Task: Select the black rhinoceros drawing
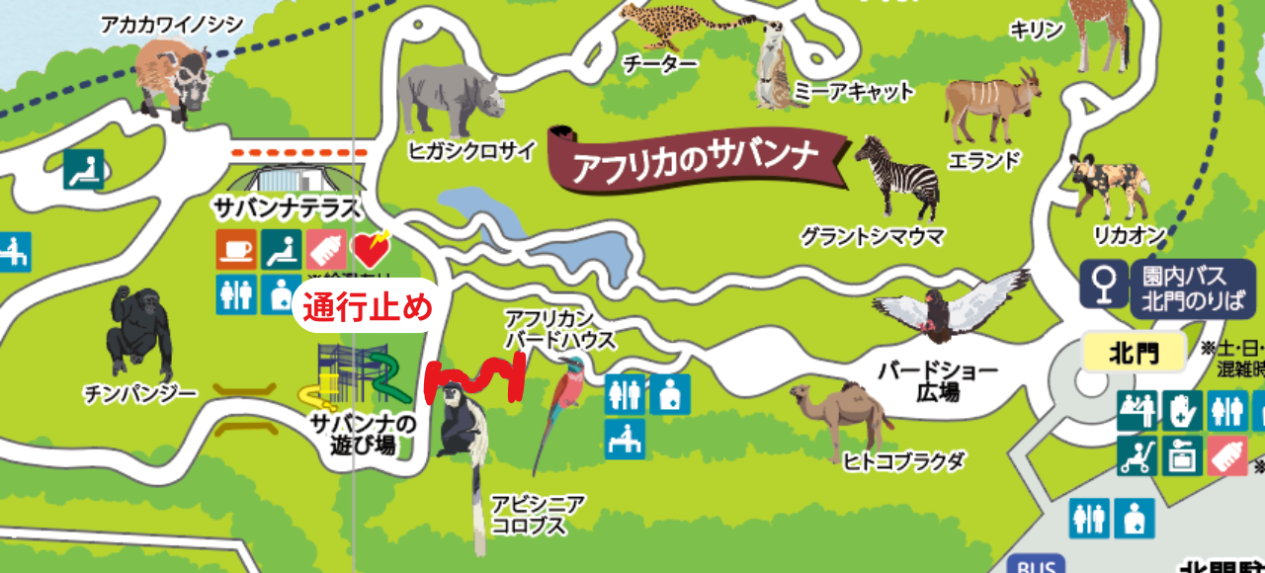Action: (450, 99)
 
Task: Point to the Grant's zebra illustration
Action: (894, 178)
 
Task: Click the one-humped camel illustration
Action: (840, 415)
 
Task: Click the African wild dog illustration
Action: (1107, 183)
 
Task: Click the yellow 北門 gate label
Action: (1134, 353)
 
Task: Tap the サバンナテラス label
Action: (287, 208)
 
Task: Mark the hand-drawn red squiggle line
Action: (474, 380)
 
